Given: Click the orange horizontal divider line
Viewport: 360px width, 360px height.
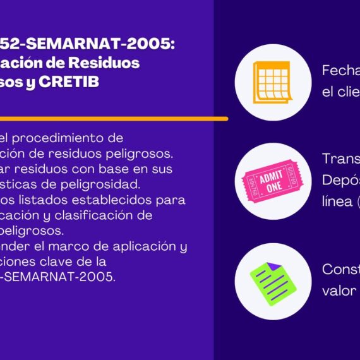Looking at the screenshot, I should point(114,118).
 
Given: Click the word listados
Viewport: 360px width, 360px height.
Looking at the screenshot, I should point(43,200).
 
